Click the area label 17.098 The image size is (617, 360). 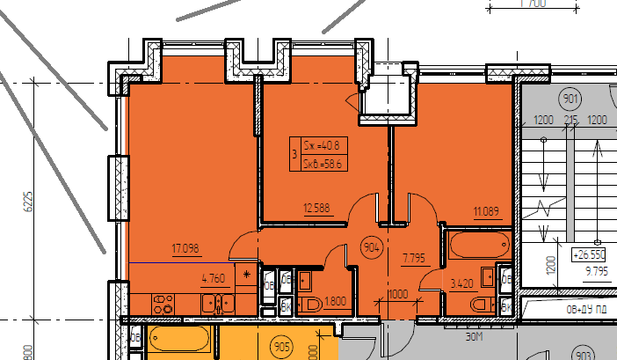[x=185, y=249]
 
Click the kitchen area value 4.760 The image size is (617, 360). [x=214, y=281]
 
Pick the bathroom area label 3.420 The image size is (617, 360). [x=463, y=283]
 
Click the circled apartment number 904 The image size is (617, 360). [x=371, y=246]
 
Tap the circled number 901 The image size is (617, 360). [x=570, y=99]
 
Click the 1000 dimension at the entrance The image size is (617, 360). [x=398, y=294]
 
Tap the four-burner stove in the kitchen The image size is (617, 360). [x=163, y=305]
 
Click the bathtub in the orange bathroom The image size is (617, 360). [x=478, y=243]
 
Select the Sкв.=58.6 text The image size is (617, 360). [x=322, y=163]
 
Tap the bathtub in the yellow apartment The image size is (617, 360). [x=179, y=339]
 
